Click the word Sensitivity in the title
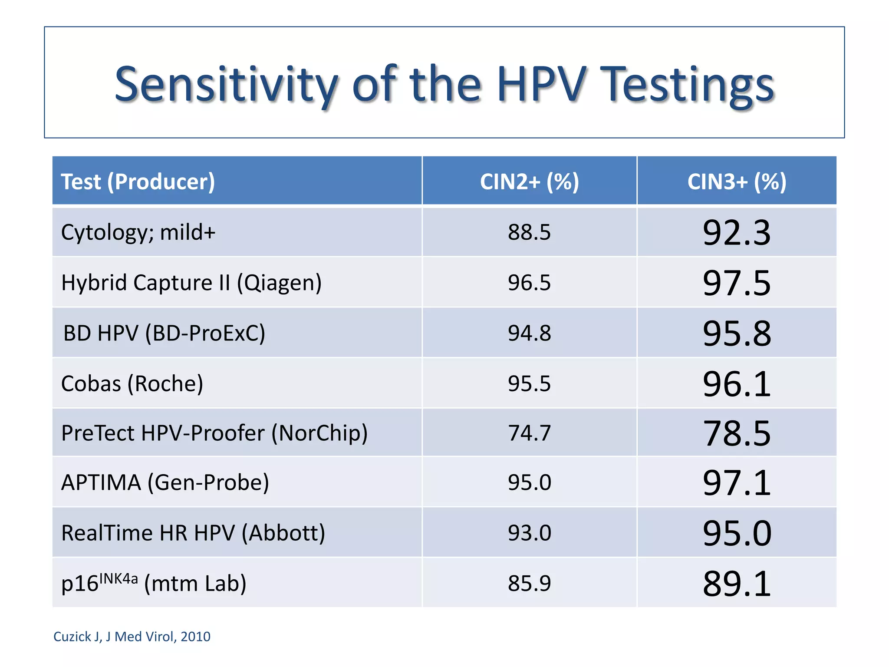tap(226, 85)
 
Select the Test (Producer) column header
tap(138, 182)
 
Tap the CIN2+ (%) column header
tap(529, 182)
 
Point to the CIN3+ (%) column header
tap(737, 182)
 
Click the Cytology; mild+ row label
tap(138, 232)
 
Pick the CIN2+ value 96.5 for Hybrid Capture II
tap(529, 283)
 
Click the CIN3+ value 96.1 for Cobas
tap(737, 384)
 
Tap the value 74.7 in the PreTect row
tap(529, 433)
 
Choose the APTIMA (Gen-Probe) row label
tap(165, 482)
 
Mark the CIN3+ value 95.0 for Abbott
tap(737, 533)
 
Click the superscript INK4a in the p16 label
tap(119, 579)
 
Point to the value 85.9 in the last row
tap(529, 583)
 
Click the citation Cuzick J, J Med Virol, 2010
tap(132, 637)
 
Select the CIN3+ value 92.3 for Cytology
tap(737, 233)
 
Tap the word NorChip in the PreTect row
tap(319, 433)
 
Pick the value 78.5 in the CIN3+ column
tap(737, 433)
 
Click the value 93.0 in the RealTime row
tap(529, 533)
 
